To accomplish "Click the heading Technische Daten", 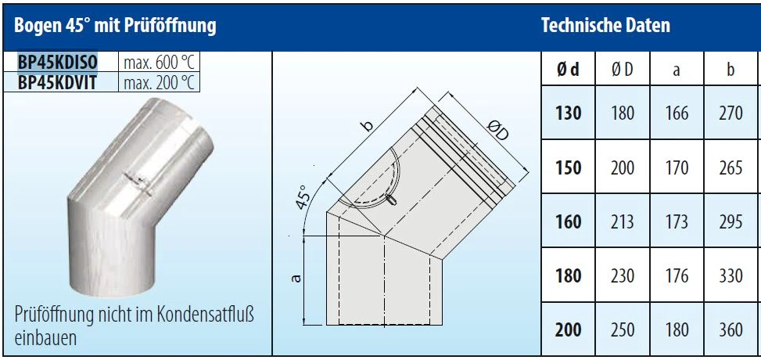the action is (605, 25).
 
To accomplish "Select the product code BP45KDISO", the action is (58, 62).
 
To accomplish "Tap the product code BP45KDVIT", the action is (57, 83).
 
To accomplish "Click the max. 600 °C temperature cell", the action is (160, 62).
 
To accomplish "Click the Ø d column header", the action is (568, 70).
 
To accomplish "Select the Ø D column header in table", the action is (623, 70).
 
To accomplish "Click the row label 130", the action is (569, 113).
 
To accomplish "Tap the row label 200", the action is (569, 329).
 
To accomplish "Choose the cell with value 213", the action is (623, 221).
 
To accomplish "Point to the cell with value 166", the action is (677, 113).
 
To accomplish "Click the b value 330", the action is (731, 275).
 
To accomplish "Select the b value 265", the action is (731, 167).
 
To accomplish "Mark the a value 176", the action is (677, 275).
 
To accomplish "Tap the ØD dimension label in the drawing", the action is (497, 130).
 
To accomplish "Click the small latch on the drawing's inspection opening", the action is (392, 200).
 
